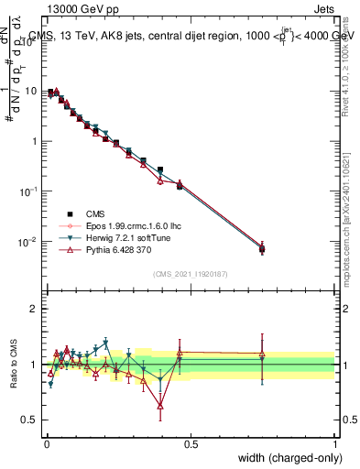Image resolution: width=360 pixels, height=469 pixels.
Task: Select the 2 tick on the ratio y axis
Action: [x=37, y=309]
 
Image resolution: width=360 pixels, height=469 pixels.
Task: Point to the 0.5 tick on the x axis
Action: [x=191, y=443]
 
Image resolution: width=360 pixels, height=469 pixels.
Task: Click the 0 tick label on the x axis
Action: [x=46, y=443]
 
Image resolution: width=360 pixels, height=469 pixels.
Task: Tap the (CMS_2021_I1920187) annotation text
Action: [x=191, y=274]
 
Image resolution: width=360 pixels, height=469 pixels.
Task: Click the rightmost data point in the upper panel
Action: [x=262, y=248]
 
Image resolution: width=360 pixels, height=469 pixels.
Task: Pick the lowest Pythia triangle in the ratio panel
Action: [x=160, y=405]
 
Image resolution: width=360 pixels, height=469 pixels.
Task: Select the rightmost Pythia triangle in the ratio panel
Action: [x=262, y=354]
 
